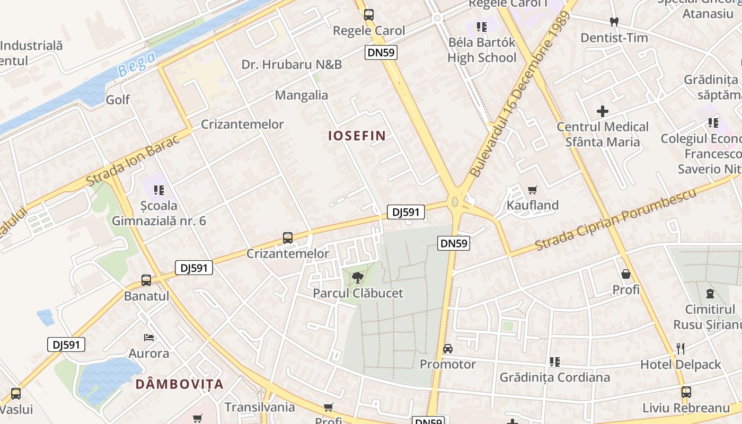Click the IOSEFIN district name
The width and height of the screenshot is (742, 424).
click(357, 136)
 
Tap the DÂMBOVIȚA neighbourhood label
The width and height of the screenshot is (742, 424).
click(179, 384)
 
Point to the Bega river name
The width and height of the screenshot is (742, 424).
click(136, 63)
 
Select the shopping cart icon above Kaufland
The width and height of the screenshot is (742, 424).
click(533, 190)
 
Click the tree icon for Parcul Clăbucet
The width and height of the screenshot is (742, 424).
click(358, 277)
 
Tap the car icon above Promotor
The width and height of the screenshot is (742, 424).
click(448, 349)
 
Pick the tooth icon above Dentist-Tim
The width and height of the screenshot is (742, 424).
click(614, 22)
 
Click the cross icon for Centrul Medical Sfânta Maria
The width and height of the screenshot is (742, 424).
click(603, 111)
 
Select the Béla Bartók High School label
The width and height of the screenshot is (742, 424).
click(482, 50)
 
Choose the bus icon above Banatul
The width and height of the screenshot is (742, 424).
click(146, 280)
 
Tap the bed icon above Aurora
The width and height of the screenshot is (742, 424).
click(149, 338)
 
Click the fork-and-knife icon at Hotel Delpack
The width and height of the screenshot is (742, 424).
click(681, 349)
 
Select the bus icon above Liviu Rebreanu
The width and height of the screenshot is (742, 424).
click(686, 393)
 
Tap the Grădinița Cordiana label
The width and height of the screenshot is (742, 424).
click(555, 377)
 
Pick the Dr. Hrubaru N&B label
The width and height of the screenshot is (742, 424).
click(291, 65)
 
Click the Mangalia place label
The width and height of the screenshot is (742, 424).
click(302, 95)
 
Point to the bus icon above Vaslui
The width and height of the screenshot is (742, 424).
click(16, 394)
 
